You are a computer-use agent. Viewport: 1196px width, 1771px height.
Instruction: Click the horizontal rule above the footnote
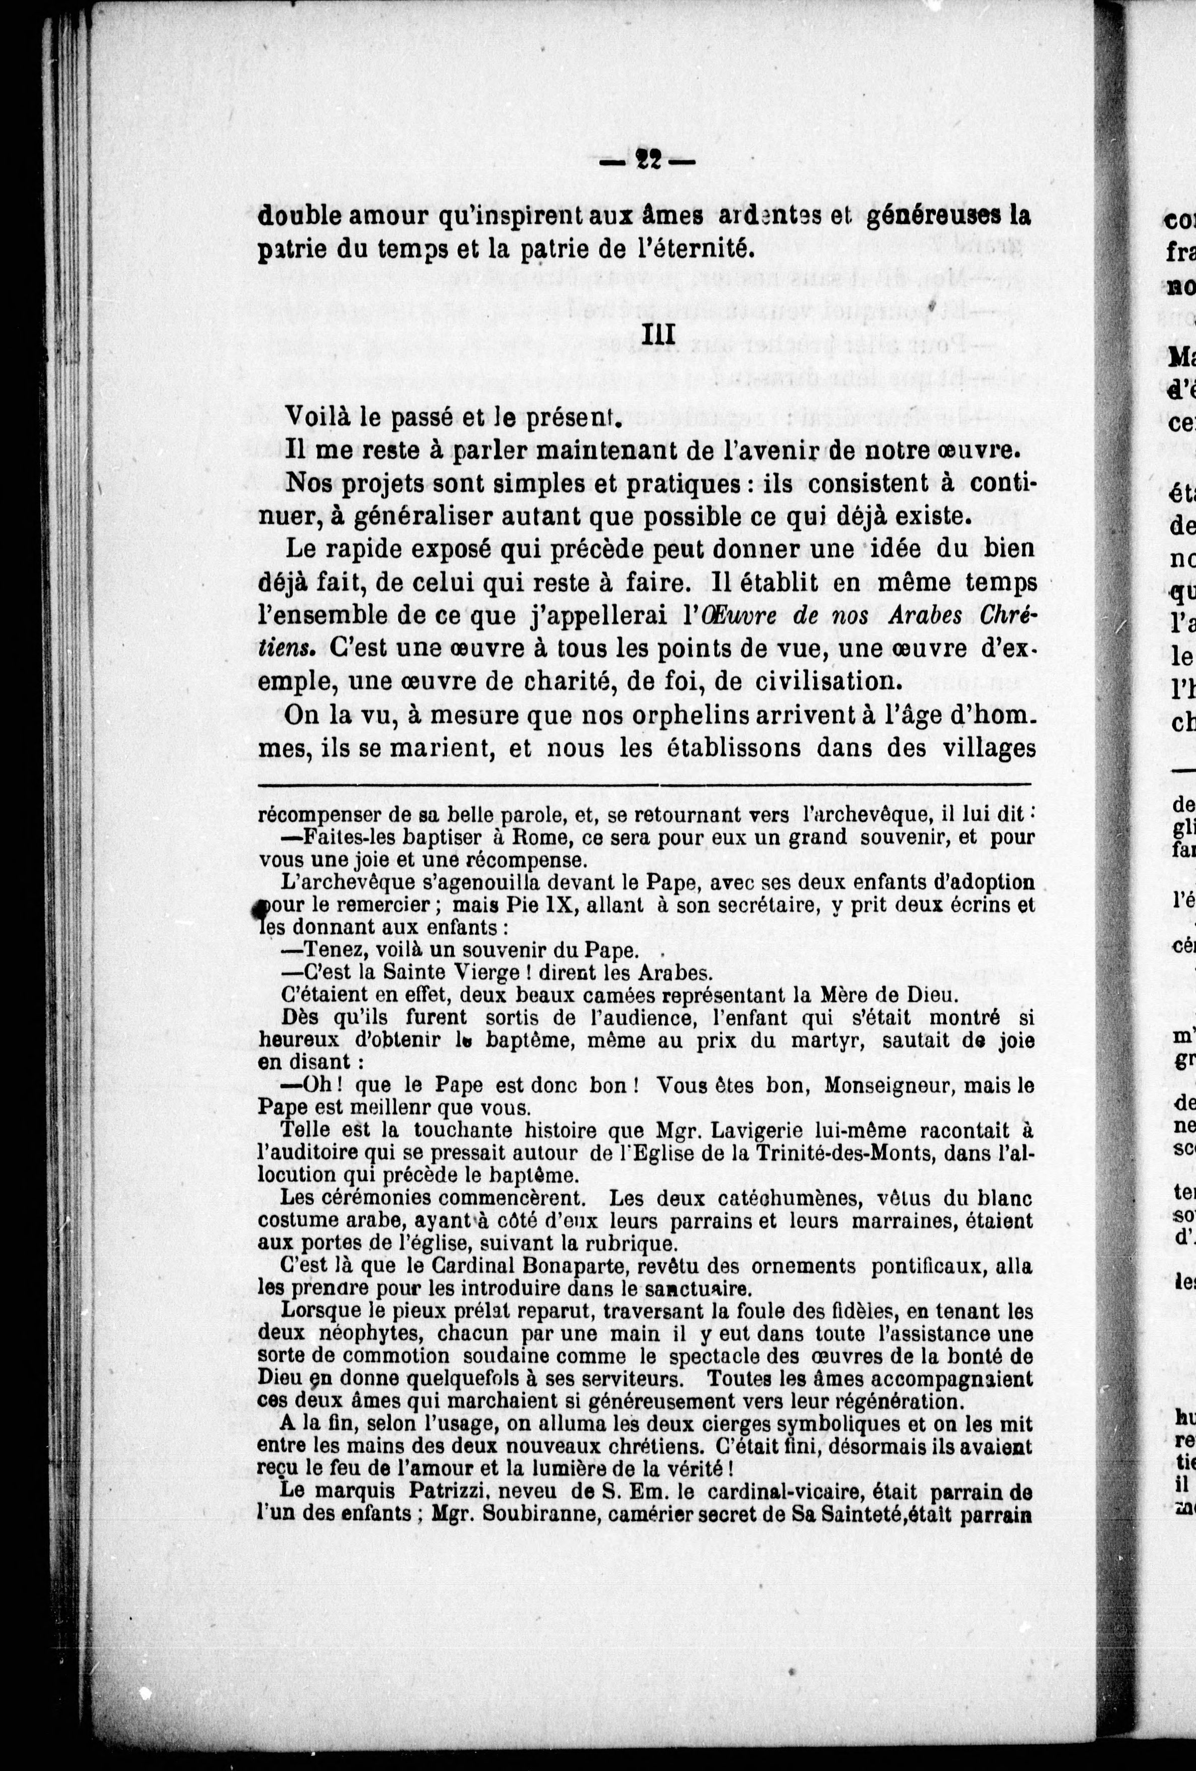644,784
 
